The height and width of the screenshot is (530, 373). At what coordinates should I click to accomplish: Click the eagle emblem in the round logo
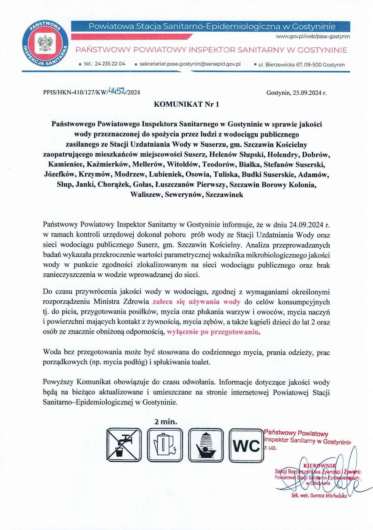[45, 43]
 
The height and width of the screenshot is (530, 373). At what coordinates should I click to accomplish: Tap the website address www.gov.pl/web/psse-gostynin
[313, 37]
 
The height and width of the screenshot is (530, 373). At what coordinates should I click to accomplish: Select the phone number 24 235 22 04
[110, 64]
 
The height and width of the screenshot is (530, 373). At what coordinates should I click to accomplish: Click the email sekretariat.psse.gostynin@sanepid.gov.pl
[190, 64]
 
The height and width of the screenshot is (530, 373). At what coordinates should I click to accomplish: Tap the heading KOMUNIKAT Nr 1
[186, 104]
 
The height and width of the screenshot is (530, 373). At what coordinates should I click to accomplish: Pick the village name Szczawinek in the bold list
[224, 195]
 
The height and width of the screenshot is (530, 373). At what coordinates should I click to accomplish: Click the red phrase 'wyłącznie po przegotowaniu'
[213, 332]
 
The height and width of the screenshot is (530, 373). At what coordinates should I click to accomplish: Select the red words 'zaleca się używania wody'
[196, 302]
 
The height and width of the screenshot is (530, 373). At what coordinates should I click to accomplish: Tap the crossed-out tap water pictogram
[124, 445]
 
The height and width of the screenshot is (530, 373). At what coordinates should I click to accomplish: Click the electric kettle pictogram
[165, 445]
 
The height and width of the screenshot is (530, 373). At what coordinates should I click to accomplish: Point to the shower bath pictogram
[206, 445]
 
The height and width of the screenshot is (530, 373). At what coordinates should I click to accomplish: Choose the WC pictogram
[246, 445]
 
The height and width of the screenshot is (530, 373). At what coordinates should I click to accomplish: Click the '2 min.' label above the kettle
[166, 422]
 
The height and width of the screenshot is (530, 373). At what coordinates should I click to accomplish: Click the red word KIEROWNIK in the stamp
[320, 465]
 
